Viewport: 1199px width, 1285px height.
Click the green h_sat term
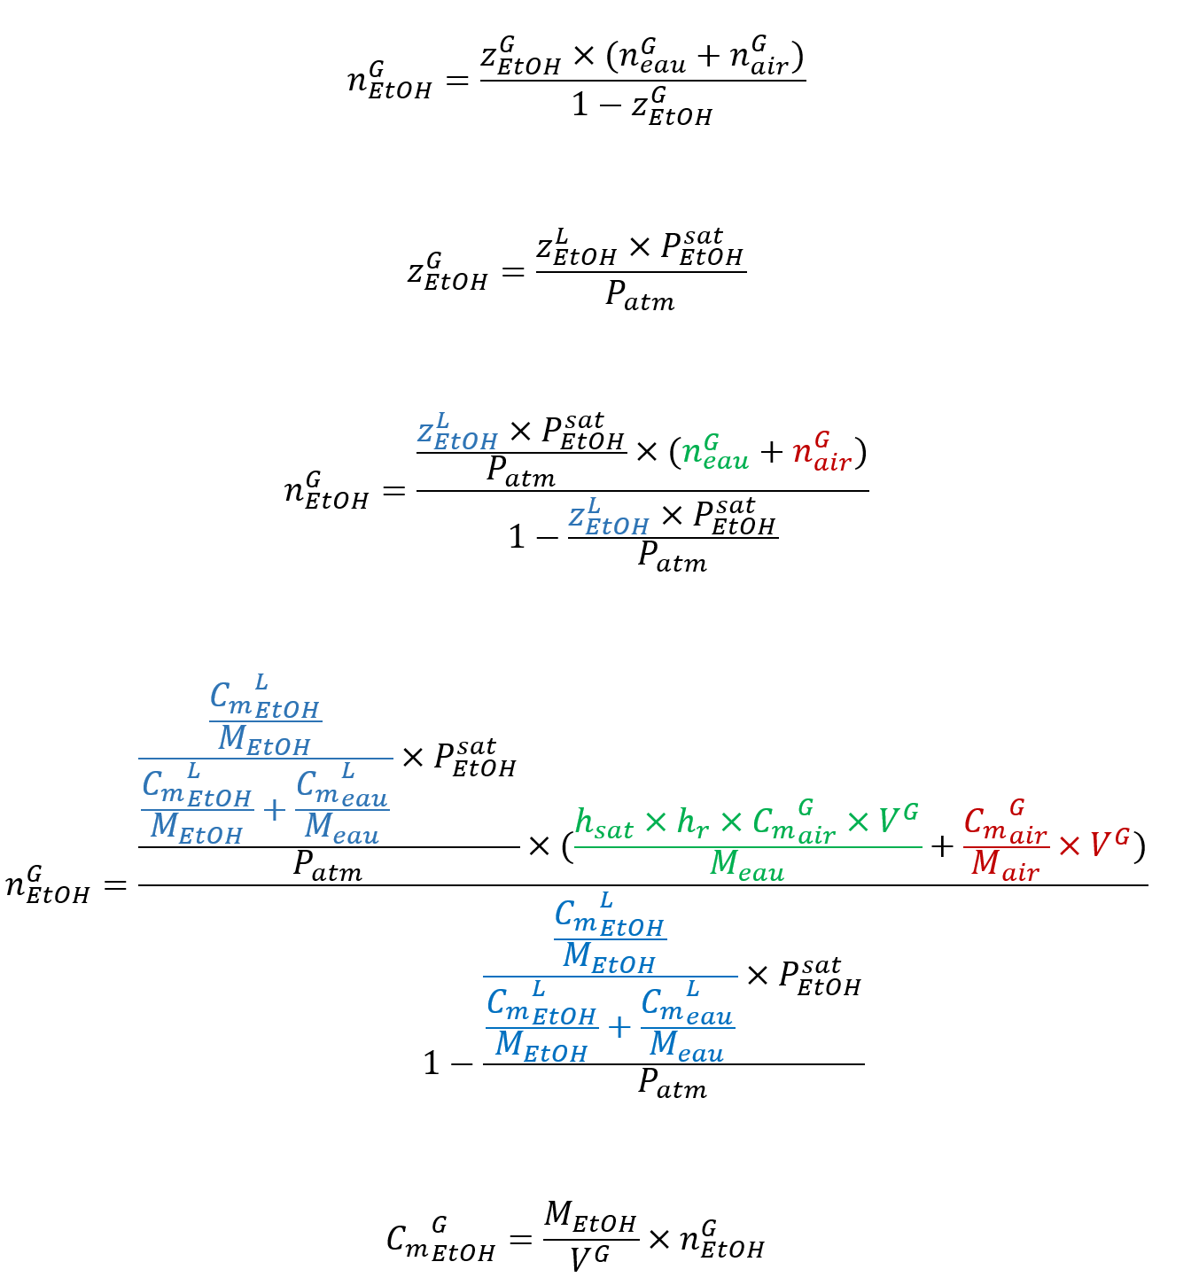603,824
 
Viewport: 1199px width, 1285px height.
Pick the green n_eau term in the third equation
715,452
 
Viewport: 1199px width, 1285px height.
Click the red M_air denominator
1005,864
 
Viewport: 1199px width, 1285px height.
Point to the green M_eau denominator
747,864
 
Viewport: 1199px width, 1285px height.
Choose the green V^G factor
897,820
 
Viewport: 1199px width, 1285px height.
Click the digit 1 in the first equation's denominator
580,106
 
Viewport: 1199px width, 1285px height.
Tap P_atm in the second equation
640,295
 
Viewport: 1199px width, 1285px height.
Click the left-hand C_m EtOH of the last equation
440,1239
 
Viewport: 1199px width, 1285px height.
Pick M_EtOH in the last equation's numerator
590,1217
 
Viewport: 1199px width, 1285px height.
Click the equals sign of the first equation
456,82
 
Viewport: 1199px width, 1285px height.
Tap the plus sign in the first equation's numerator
708,57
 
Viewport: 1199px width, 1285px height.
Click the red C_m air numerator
1005,824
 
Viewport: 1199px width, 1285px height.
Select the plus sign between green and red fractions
942,847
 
